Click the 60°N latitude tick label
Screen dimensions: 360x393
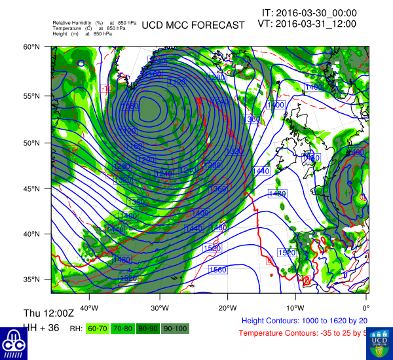pos(33,47)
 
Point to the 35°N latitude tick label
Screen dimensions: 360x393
pos(33,279)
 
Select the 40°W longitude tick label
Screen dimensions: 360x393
pos(89,308)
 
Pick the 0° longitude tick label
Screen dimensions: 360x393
pos(365,308)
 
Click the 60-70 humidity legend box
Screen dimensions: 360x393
pos(98,328)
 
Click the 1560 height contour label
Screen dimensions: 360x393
pos(217,270)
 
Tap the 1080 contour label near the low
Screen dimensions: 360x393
pos(130,105)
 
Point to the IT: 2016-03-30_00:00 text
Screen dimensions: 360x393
pos(309,12)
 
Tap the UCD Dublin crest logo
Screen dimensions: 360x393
pos(379,342)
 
